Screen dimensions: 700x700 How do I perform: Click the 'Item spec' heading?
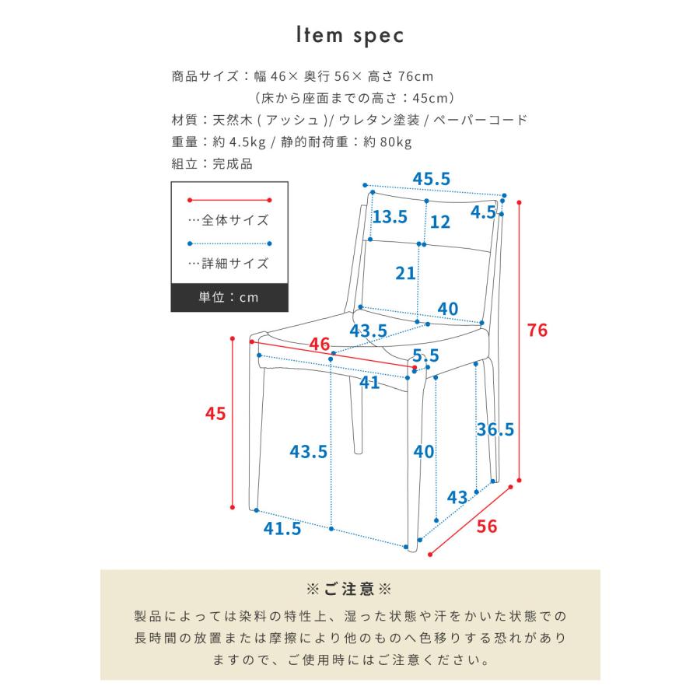(x=349, y=36)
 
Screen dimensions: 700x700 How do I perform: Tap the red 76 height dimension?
(x=537, y=330)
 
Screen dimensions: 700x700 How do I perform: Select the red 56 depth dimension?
(x=487, y=527)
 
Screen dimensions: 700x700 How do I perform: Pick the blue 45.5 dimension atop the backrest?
(x=432, y=178)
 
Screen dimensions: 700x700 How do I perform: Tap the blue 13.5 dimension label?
(x=390, y=217)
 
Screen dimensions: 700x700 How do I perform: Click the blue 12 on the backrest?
(x=440, y=222)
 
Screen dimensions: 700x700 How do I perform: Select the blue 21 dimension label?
(x=404, y=273)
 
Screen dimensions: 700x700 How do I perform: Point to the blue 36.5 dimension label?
(x=495, y=429)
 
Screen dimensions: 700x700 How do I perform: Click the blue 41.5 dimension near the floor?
(x=282, y=530)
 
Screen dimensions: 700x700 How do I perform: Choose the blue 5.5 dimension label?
(x=425, y=355)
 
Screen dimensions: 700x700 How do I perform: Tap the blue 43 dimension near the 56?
(x=458, y=496)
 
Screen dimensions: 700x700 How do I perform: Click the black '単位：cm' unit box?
(x=229, y=298)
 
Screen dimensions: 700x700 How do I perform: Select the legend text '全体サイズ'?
(x=235, y=220)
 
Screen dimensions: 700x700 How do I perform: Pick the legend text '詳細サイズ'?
(x=235, y=263)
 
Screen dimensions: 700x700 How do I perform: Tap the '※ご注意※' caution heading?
(x=349, y=588)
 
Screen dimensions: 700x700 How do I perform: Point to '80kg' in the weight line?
(x=394, y=142)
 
